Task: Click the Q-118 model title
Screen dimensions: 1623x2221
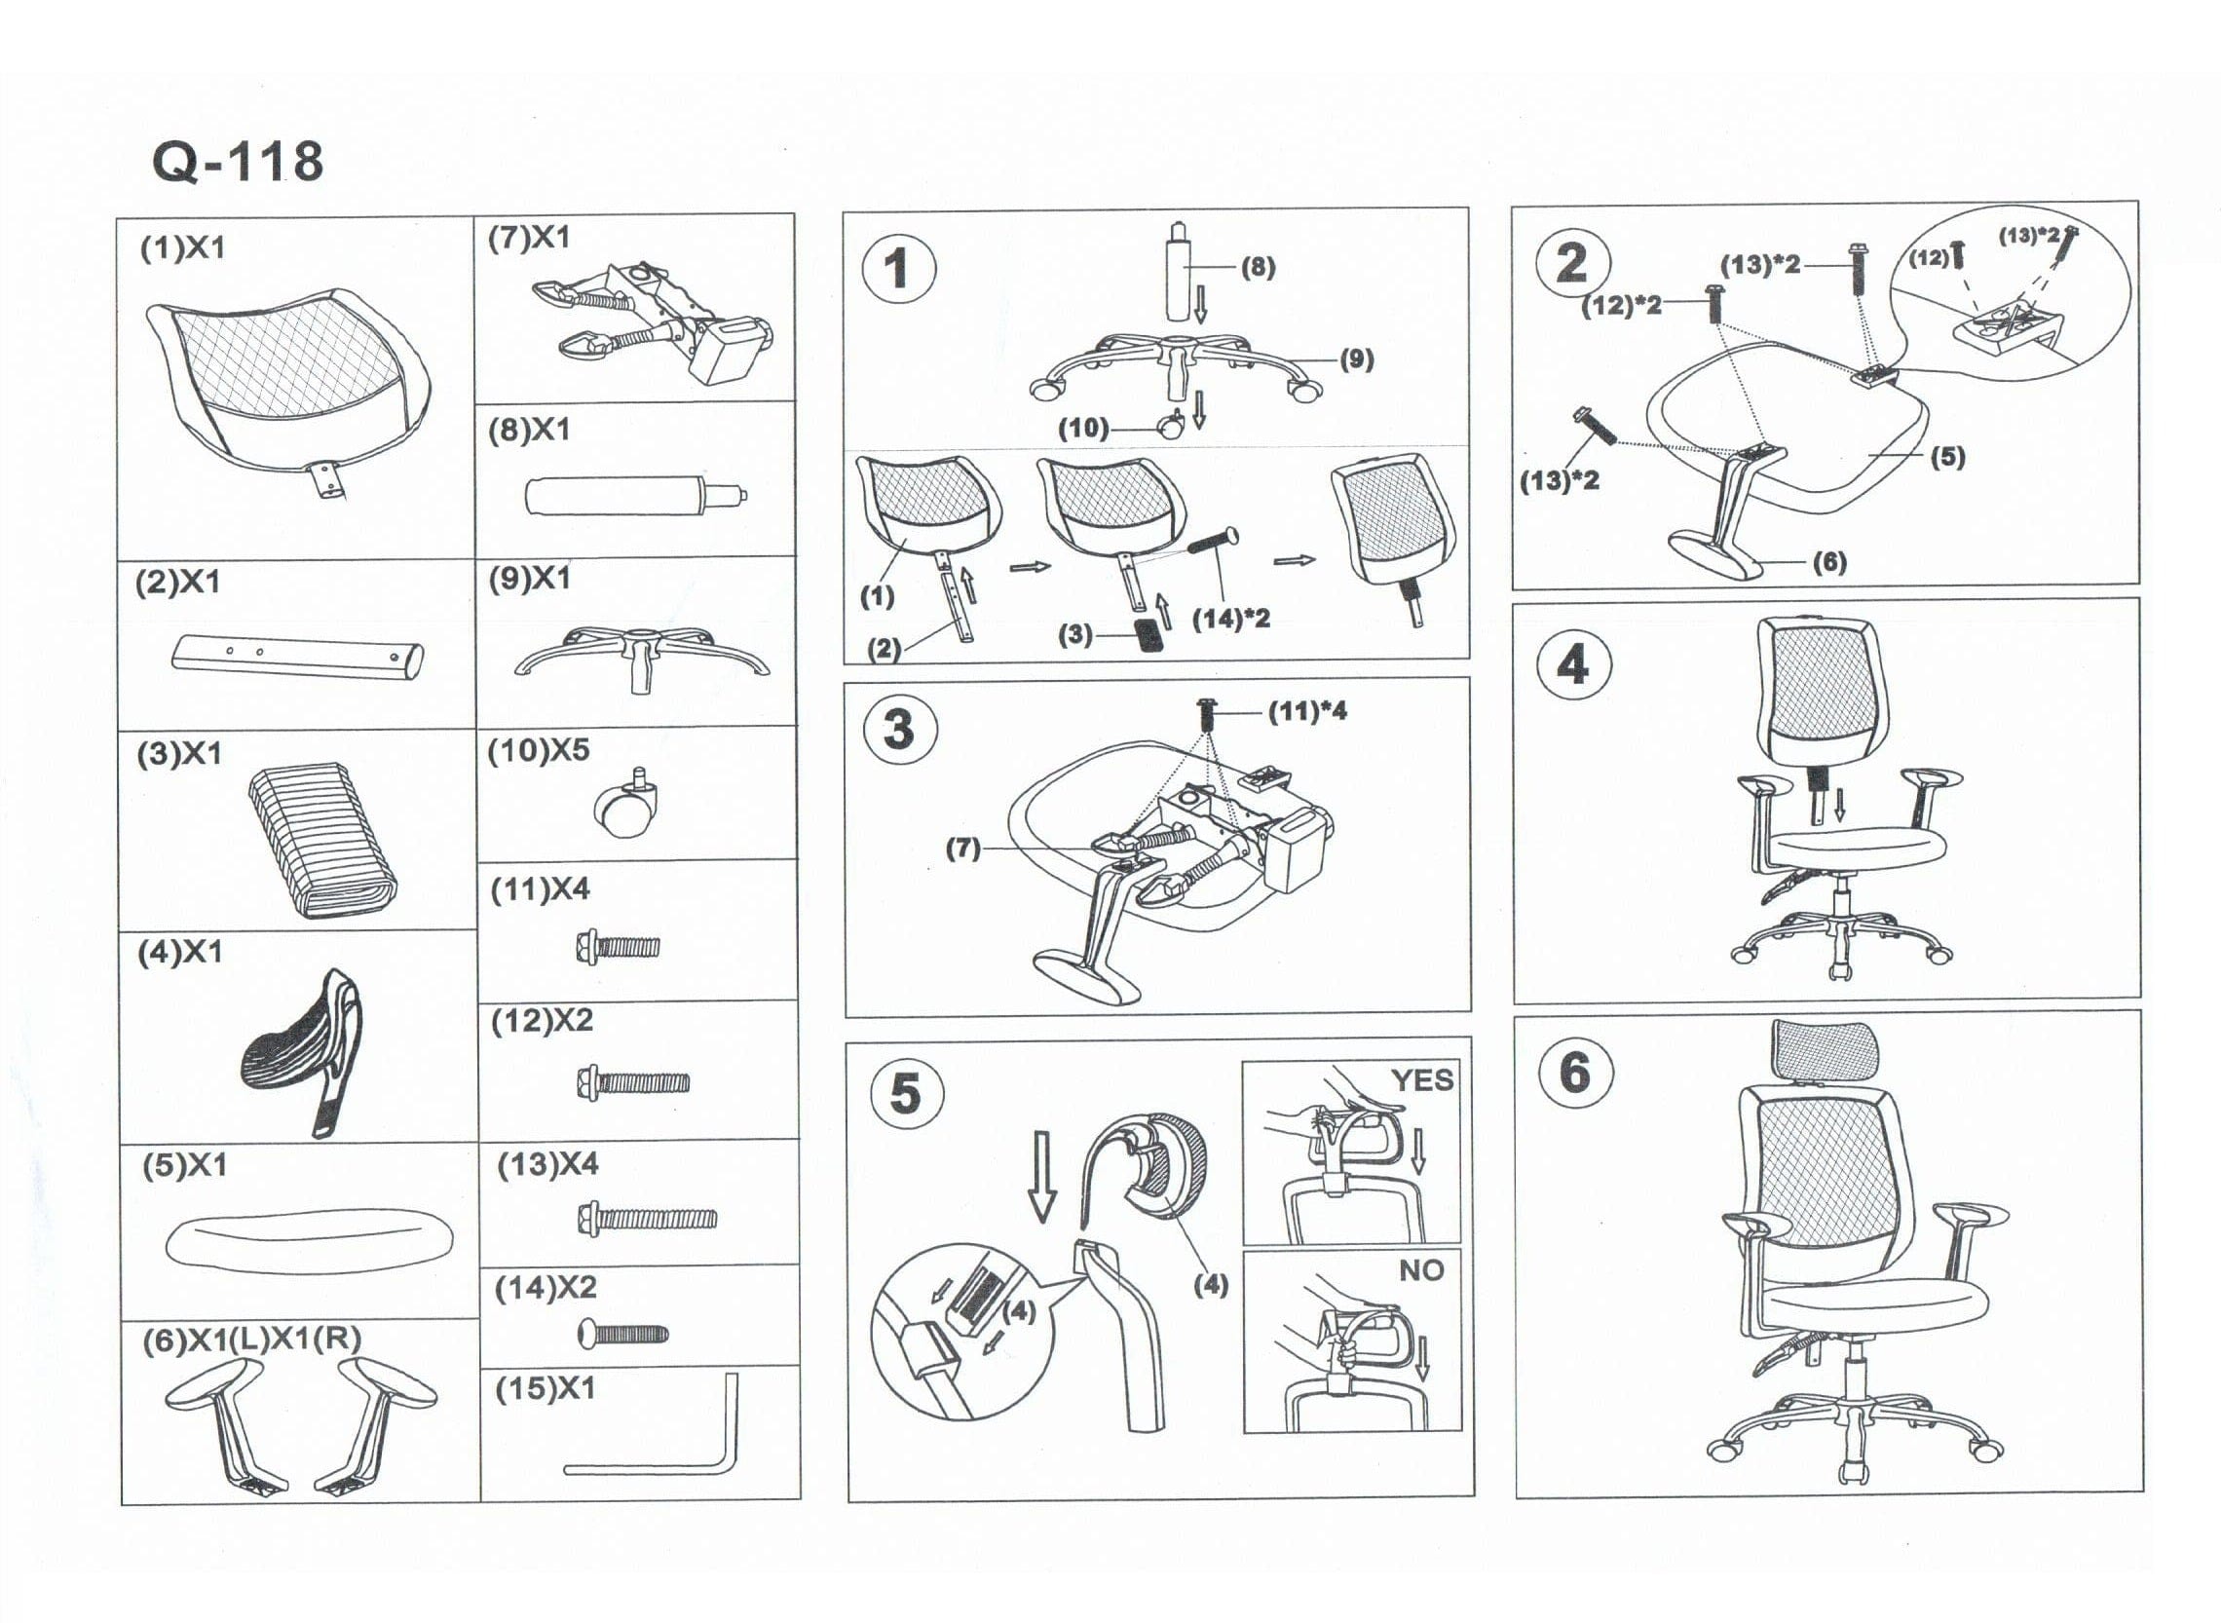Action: coord(237,162)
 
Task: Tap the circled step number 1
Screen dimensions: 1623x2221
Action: coord(898,268)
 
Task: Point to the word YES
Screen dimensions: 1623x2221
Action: coord(1421,1080)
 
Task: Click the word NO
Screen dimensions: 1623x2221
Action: coord(1421,1270)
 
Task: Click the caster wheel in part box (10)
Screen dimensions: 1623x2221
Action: coord(621,809)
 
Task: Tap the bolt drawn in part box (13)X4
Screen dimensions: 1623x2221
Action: coord(648,1220)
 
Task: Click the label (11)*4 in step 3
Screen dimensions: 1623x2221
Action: coord(1307,711)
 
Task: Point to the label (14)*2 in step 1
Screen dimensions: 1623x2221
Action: coord(1231,619)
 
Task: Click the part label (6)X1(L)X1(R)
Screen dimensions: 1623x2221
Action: coord(251,1340)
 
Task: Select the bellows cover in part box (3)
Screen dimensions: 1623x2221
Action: coord(323,842)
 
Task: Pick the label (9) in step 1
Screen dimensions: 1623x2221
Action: coord(1357,359)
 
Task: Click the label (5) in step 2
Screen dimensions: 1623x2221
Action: coord(1947,457)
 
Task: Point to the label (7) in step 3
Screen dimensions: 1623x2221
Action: coord(962,849)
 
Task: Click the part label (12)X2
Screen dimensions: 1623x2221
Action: coord(543,1022)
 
